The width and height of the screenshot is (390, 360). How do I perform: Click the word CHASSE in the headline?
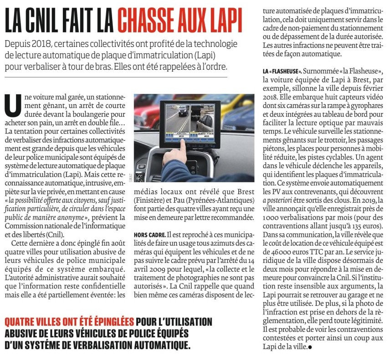tap(147, 20)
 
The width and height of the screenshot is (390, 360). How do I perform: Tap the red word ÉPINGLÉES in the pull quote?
tap(105, 321)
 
